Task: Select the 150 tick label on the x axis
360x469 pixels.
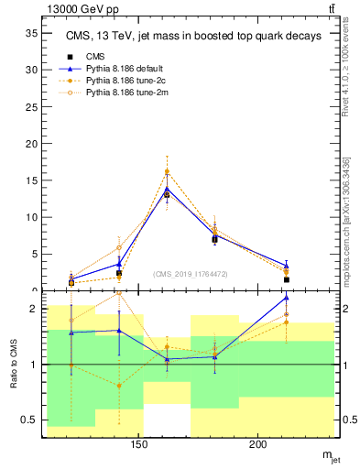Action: [x=139, y=446]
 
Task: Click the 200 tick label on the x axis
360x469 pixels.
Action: [x=258, y=446]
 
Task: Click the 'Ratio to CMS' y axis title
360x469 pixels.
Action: [x=14, y=365]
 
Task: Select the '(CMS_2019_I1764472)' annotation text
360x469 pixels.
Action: [x=191, y=274]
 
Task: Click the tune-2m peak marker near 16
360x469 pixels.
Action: [x=167, y=171]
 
